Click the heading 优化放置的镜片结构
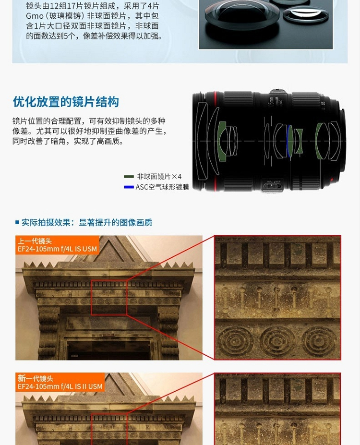tap(66, 102)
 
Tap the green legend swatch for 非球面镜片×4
tap(129, 177)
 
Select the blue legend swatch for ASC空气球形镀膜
tap(129, 187)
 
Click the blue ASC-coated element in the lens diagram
tap(289, 141)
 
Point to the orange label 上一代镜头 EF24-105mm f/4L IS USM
tap(57, 245)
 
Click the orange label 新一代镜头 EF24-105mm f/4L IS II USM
tap(60, 382)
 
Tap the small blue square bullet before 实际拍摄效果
tap(17, 222)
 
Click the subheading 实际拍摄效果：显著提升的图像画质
tap(87, 222)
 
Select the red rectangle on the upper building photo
tap(92, 298)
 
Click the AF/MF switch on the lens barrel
tap(272, 186)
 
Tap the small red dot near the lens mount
tap(331, 180)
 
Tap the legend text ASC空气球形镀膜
tap(162, 187)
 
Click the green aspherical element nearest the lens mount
tap(321, 141)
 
